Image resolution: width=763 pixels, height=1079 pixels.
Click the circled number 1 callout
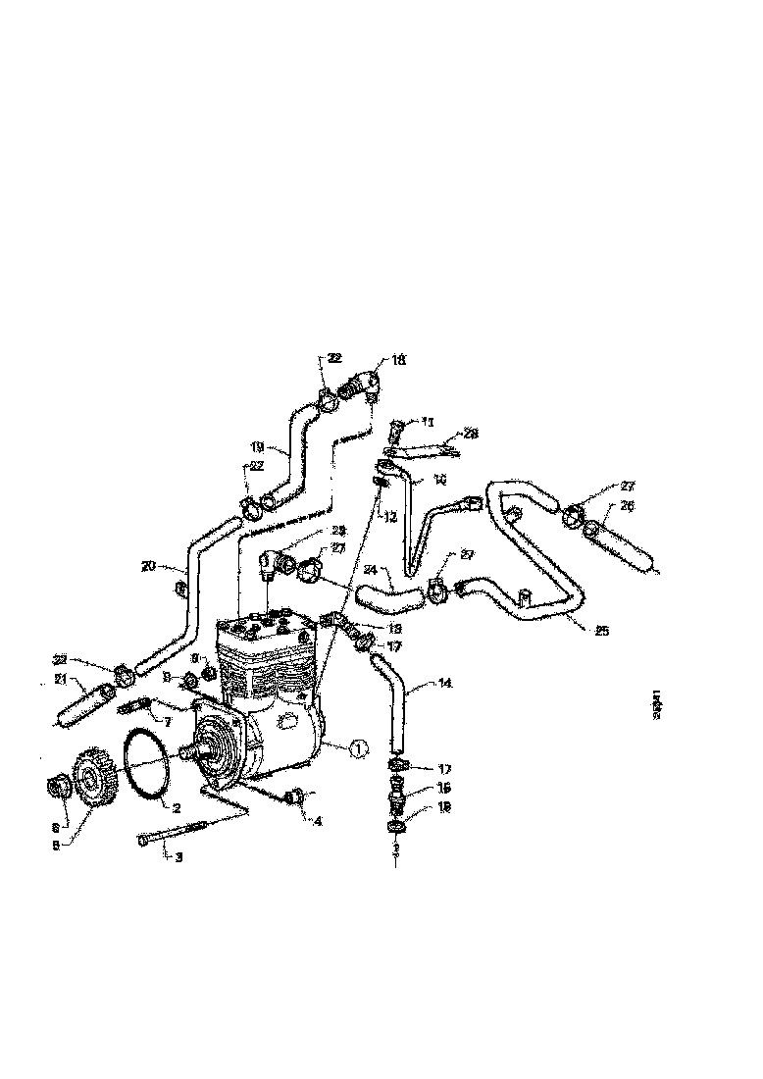click(x=359, y=748)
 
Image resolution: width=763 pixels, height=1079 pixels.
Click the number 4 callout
click(x=318, y=821)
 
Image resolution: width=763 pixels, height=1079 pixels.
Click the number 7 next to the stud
click(x=168, y=721)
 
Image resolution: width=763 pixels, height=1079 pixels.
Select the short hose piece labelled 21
click(x=79, y=706)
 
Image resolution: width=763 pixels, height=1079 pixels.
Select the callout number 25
click(x=601, y=630)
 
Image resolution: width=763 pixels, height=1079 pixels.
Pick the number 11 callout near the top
click(x=427, y=421)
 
